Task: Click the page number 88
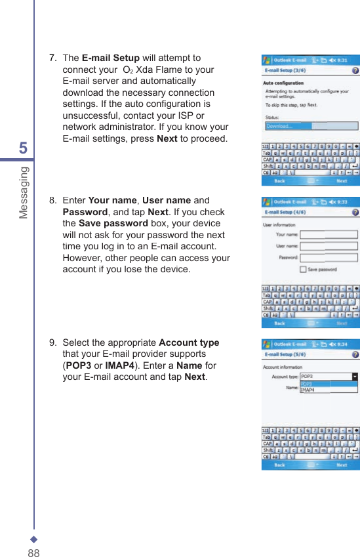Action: tap(33, 552)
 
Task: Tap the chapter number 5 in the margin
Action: tap(24, 148)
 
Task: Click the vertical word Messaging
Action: tap(24, 192)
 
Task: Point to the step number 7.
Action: tap(52, 58)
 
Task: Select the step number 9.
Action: tap(52, 343)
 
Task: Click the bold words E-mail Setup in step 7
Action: tap(110, 58)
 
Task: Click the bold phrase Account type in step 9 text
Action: tap(189, 343)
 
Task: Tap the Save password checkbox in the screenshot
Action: tap(303, 269)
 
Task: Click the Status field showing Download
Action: tap(311, 126)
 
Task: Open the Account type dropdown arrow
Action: tap(355, 377)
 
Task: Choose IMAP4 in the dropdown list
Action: tap(308, 390)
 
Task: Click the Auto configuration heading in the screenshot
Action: tap(283, 83)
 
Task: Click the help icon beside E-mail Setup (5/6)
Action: tap(355, 354)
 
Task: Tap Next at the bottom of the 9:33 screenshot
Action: tap(342, 323)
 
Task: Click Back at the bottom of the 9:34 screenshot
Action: tap(279, 465)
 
